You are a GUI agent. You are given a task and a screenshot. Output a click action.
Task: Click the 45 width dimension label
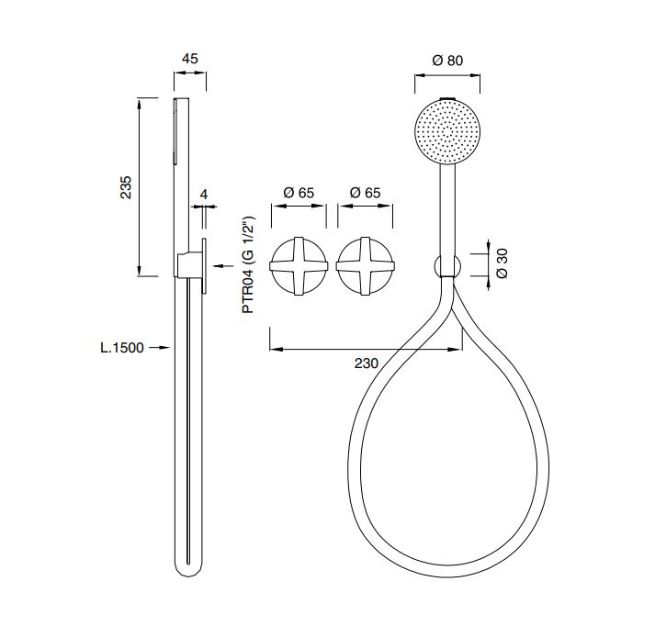point(189,59)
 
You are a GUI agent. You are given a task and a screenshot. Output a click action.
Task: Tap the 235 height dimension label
point(126,187)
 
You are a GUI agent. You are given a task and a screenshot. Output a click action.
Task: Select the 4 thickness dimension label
point(204,194)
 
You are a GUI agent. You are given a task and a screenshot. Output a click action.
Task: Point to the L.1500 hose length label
point(122,347)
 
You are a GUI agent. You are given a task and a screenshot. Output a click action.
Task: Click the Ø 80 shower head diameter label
point(447,61)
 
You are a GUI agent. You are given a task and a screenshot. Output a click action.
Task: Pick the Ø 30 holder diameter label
point(503,263)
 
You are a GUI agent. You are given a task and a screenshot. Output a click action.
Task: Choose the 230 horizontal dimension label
point(367,363)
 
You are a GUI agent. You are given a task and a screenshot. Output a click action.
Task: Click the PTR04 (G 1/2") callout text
point(249,264)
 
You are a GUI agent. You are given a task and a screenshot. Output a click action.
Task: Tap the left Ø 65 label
point(299,193)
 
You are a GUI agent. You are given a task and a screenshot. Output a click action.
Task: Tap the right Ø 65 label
point(365,193)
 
